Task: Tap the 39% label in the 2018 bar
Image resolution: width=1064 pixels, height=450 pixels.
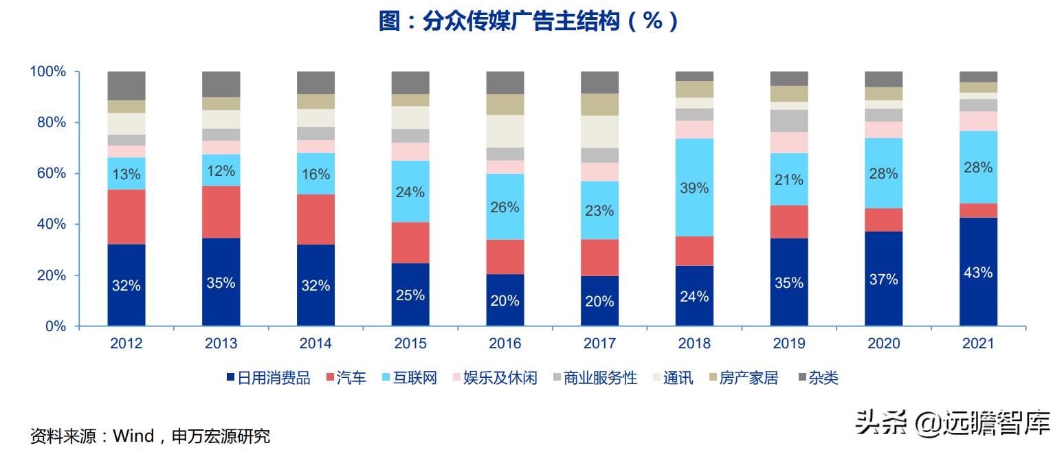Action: pos(694,188)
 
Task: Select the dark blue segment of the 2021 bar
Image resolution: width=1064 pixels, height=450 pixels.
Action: pos(977,272)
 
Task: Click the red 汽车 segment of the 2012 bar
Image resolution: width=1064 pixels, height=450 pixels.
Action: pos(126,216)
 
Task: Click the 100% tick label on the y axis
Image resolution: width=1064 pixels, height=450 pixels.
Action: pos(47,71)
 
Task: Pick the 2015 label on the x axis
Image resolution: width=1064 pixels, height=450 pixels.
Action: pos(410,344)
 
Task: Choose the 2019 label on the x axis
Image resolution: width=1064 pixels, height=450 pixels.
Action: pos(788,344)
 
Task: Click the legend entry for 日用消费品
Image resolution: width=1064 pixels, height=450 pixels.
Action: pos(268,378)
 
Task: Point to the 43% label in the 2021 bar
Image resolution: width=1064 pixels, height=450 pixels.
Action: pos(977,273)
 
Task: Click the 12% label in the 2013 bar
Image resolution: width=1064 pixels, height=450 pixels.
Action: pos(221,171)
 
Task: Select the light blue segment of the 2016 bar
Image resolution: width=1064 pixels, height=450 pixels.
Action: pos(505,206)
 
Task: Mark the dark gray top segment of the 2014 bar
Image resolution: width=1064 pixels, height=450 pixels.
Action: pos(315,82)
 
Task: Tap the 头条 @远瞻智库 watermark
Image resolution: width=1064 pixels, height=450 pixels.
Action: pos(952,423)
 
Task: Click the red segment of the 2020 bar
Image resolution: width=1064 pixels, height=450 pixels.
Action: pos(883,220)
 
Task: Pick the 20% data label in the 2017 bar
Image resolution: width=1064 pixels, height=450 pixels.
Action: pos(599,301)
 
